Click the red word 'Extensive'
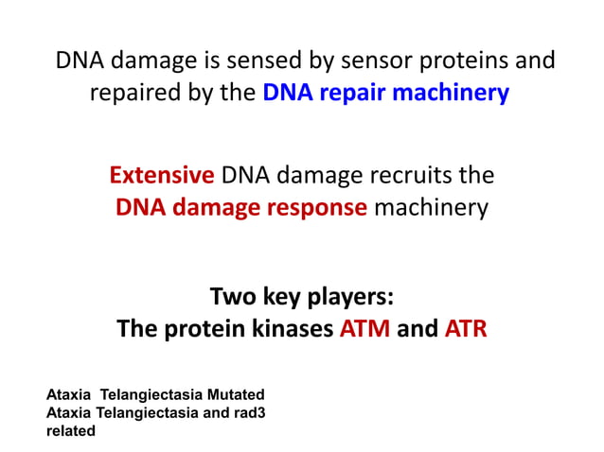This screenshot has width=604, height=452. tap(161, 175)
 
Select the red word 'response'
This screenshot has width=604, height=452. tap(319, 207)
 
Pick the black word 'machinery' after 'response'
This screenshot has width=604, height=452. tap(432, 207)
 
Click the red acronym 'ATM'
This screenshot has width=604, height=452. tap(365, 330)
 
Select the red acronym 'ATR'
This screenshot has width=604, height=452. tap(465, 330)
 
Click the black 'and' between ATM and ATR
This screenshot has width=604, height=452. tap(417, 330)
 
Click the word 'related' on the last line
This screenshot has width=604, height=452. tap(71, 430)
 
